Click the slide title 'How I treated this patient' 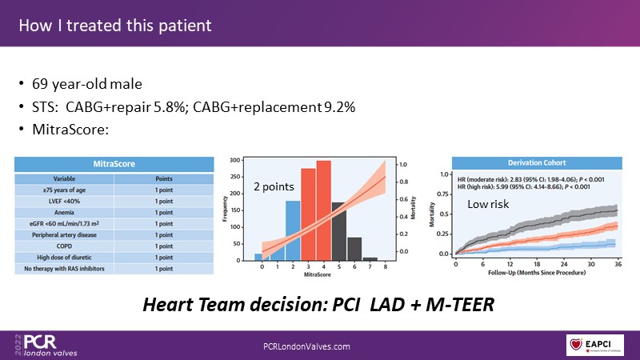[x=115, y=26]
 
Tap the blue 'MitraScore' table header [x=114, y=163]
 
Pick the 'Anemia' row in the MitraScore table [x=64, y=212]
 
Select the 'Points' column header [x=163, y=178]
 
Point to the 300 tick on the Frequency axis [x=246, y=161]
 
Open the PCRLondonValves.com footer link [x=307, y=345]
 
